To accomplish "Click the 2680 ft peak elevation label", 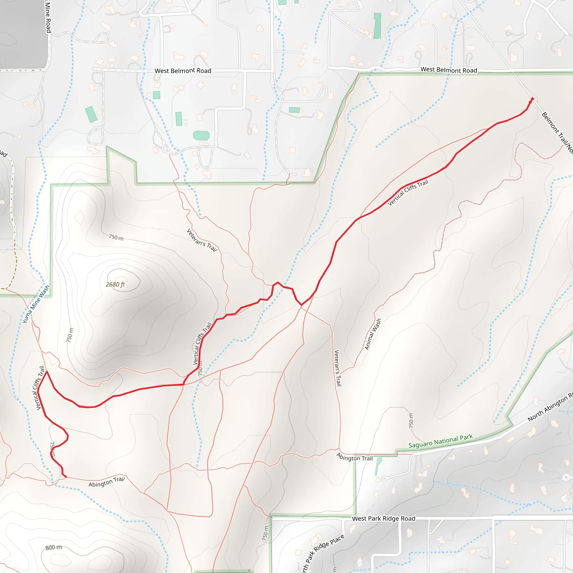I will (x=115, y=285).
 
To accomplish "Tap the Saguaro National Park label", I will (x=440, y=441).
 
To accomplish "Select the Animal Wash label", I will (x=372, y=334).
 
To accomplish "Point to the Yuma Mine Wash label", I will (x=36, y=304).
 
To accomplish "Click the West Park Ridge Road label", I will (x=384, y=519).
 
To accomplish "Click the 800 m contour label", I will (x=54, y=548).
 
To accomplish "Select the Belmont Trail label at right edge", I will (x=557, y=132).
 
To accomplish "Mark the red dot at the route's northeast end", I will (x=532, y=99).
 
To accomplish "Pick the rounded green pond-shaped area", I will (x=201, y=135).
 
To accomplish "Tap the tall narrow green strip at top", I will (x=377, y=26).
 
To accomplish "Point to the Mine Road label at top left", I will (x=48, y=16).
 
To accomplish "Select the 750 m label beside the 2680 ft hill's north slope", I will (x=116, y=237).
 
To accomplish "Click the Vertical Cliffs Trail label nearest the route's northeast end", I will (x=408, y=192).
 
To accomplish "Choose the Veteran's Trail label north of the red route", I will (x=202, y=240).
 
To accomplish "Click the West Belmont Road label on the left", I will (x=183, y=71).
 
